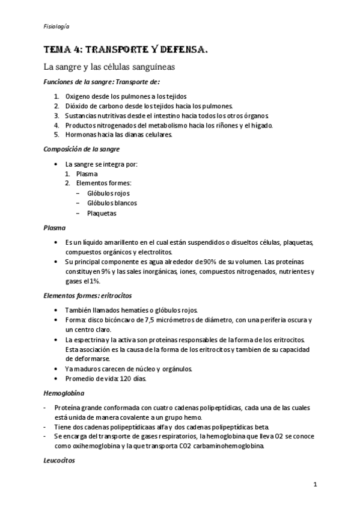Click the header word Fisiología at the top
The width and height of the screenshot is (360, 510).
[56, 27]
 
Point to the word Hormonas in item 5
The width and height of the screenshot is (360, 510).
[80, 135]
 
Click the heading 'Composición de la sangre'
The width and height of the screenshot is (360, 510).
[81, 149]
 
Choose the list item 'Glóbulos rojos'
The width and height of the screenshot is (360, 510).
[108, 193]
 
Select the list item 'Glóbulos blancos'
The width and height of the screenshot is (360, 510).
[112, 203]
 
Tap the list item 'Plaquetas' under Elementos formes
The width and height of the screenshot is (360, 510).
[102, 213]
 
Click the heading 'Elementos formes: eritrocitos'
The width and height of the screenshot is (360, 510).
[87, 295]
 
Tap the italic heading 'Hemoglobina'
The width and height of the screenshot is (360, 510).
[63, 393]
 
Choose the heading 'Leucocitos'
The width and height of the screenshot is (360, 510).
[59, 462]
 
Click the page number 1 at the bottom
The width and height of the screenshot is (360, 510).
[315, 484]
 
